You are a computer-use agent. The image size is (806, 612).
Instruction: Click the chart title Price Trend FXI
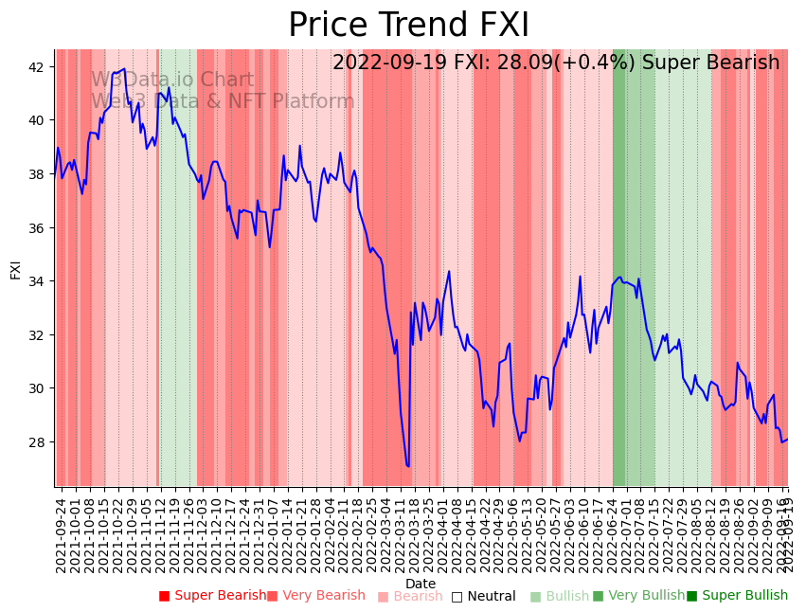(408, 26)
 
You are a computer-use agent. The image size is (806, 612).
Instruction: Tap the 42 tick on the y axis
(39, 67)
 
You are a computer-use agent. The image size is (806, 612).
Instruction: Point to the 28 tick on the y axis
(39, 442)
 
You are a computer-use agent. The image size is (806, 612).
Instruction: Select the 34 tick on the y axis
(39, 281)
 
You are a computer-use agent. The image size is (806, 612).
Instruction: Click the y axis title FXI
(15, 268)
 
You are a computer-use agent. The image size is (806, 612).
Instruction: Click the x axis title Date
(421, 585)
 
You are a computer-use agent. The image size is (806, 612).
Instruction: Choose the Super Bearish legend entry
(213, 596)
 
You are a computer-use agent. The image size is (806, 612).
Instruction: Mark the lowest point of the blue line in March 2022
(408, 466)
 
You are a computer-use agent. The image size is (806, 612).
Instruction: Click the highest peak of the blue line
(123, 68)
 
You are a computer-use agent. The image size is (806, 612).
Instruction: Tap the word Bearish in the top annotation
(744, 63)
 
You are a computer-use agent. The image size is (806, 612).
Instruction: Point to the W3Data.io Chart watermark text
(172, 81)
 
